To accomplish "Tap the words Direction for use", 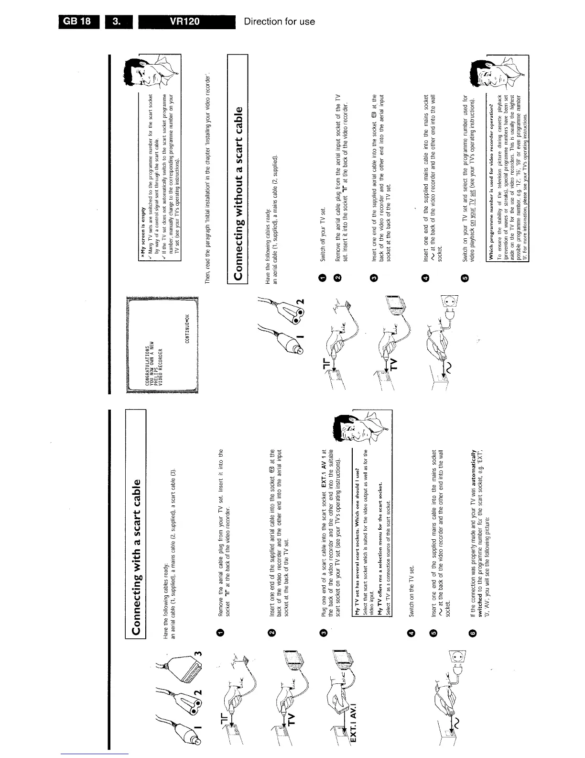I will coord(279,22).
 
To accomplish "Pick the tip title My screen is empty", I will coord(142,235).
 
